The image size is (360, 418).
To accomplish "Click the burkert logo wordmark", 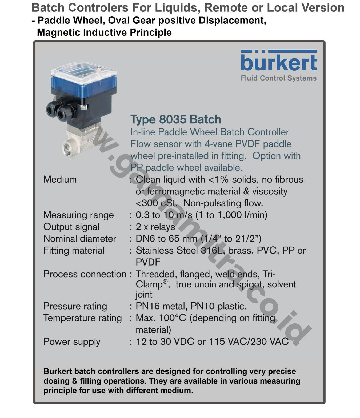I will pyautogui.click(x=279, y=62).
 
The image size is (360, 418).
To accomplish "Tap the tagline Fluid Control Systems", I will pyautogui.click(x=279, y=78).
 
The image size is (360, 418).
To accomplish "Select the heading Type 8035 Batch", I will pyautogui.click(x=176, y=119).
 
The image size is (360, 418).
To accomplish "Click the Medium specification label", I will pyautogui.click(x=60, y=179).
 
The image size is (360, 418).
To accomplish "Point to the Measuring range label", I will pyautogui.click(x=78, y=215).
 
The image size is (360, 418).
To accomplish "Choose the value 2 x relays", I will pyautogui.click(x=155, y=227).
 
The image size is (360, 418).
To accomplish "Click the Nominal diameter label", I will pyautogui.click(x=79, y=239).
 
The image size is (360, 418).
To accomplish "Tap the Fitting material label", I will pyautogui.click(x=74, y=250).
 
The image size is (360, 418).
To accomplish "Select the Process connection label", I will pyautogui.click(x=85, y=274).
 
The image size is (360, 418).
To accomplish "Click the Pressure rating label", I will pyautogui.click(x=75, y=306).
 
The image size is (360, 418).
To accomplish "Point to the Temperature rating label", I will pyautogui.click(x=82, y=318).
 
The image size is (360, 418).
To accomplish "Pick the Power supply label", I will pyautogui.click(x=72, y=342).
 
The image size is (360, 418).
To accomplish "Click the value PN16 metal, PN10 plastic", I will pyautogui.click(x=191, y=306).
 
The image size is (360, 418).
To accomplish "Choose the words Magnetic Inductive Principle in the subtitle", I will pyautogui.click(x=104, y=32).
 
